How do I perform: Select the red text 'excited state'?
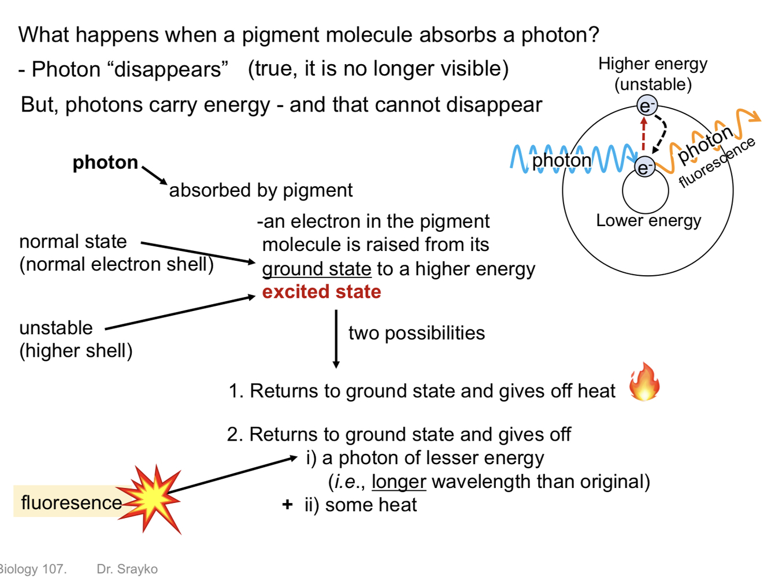(321, 292)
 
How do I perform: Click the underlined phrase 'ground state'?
(316, 269)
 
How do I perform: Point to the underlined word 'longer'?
(398, 482)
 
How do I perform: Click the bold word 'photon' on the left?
(105, 162)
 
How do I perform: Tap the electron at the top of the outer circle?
(647, 106)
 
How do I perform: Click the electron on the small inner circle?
(644, 167)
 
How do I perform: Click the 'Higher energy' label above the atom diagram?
(653, 64)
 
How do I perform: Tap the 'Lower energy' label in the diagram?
(648, 220)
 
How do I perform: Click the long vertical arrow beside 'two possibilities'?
(336, 339)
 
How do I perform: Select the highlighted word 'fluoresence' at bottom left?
(71, 502)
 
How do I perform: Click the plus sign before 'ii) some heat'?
(287, 505)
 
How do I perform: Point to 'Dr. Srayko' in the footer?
(127, 569)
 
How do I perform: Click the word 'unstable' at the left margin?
(56, 328)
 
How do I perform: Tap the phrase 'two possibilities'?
(416, 333)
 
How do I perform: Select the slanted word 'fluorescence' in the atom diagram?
(717, 163)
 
